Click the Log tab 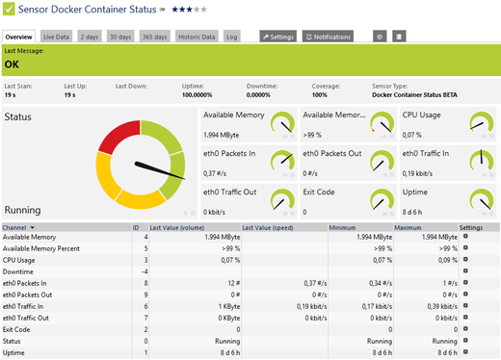232,37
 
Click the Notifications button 328,37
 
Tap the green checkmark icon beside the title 8,10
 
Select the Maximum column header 409,227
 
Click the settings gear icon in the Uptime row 465,352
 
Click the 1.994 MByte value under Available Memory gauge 223,135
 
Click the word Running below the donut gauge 22,210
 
